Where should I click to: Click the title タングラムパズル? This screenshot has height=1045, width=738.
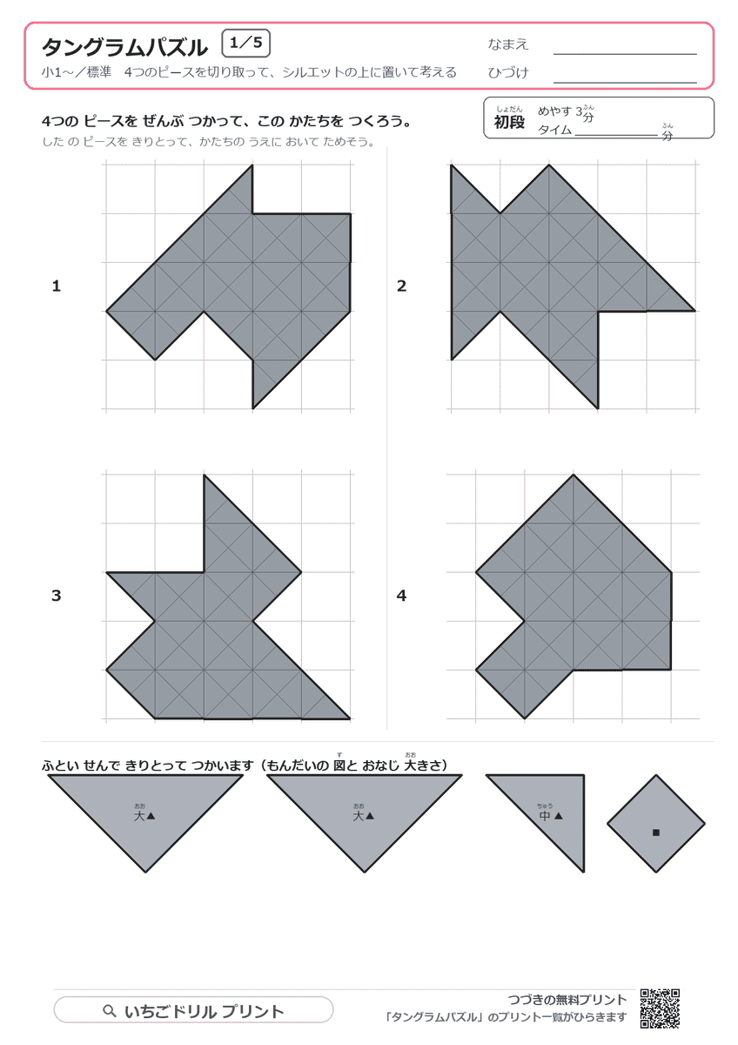click(x=124, y=47)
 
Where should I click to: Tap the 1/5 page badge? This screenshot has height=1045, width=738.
click(x=246, y=43)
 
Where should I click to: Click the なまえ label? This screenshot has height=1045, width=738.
click(x=507, y=44)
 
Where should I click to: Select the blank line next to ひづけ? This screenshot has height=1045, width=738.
click(x=625, y=83)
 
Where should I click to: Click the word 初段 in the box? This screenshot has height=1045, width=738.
click(x=509, y=122)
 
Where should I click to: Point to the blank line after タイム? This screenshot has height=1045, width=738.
click(x=616, y=135)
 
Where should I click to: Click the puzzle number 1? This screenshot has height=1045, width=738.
click(x=57, y=286)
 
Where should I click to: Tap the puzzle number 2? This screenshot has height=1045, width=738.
click(x=401, y=286)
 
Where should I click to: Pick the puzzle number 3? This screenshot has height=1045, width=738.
click(x=57, y=596)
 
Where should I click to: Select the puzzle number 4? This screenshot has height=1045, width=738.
click(x=401, y=596)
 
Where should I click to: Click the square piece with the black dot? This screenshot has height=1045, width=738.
click(x=656, y=824)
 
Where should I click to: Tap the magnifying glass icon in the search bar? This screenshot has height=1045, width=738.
click(x=110, y=1010)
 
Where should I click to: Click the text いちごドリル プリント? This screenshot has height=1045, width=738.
click(x=205, y=1011)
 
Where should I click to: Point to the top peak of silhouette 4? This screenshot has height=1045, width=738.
click(x=574, y=475)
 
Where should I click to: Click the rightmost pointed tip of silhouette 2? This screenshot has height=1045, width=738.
click(x=694, y=311)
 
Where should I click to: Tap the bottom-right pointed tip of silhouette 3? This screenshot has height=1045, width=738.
click(x=350, y=718)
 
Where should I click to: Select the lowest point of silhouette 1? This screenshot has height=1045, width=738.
click(x=252, y=408)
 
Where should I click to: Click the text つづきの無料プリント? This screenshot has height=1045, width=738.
click(x=567, y=1000)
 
